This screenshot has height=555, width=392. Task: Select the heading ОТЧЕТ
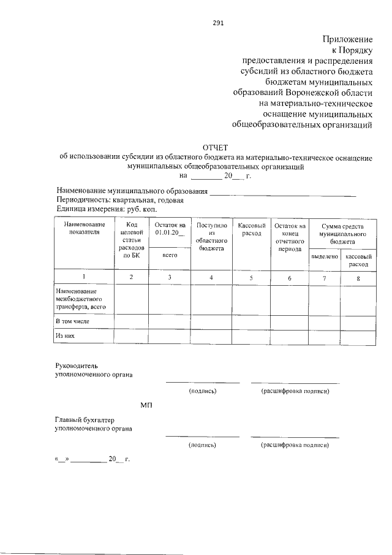[x=214, y=147]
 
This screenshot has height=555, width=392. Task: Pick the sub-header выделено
[x=324, y=256]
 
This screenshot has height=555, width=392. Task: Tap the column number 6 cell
[x=290, y=278]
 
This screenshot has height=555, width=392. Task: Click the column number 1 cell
[x=84, y=277]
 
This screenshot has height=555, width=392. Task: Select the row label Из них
[x=65, y=337]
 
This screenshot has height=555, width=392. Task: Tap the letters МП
[x=146, y=405]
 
